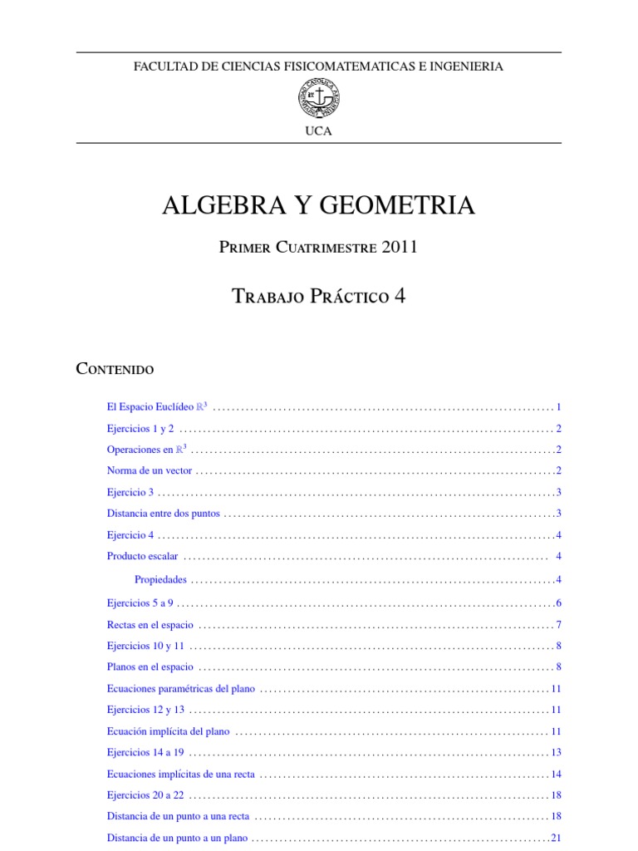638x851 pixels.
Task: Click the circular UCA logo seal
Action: [318, 98]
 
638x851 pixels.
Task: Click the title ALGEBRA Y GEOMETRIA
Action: [318, 205]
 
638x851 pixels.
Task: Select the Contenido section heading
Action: [115, 368]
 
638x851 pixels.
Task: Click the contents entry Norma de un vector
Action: [150, 470]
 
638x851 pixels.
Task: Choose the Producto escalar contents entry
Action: [143, 556]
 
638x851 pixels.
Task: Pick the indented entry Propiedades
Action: [160, 579]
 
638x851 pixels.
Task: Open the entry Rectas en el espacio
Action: [150, 624]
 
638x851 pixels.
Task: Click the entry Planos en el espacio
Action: [150, 667]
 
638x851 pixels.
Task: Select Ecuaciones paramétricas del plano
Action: [181, 689]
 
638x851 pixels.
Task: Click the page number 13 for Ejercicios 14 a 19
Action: [557, 753]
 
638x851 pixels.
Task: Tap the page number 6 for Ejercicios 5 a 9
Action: [559, 603]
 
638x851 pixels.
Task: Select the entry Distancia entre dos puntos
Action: [164, 514]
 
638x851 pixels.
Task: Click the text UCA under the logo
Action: [318, 131]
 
